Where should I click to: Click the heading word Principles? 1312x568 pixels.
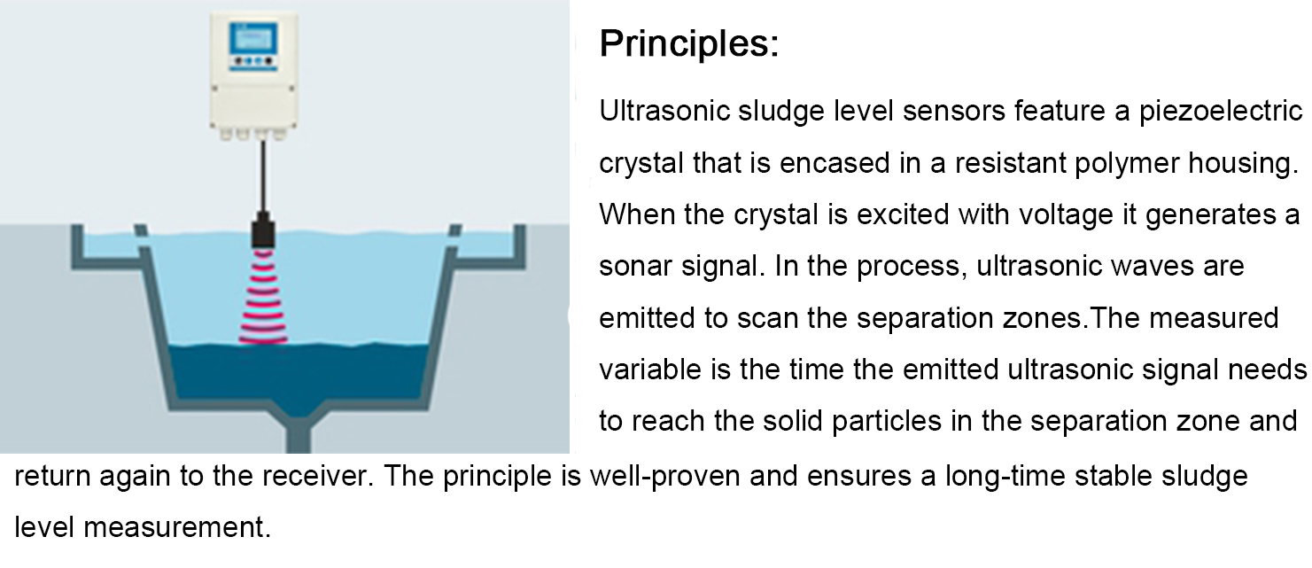tap(689, 43)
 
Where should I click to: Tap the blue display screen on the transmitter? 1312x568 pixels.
tap(252, 39)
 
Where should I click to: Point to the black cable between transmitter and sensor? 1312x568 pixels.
tap(263, 176)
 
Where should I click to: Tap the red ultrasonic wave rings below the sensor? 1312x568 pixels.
tap(263, 296)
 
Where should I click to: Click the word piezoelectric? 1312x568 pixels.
tap(1220, 112)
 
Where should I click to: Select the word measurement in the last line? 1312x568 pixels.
tap(177, 527)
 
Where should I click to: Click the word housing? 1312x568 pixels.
tap(1244, 163)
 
